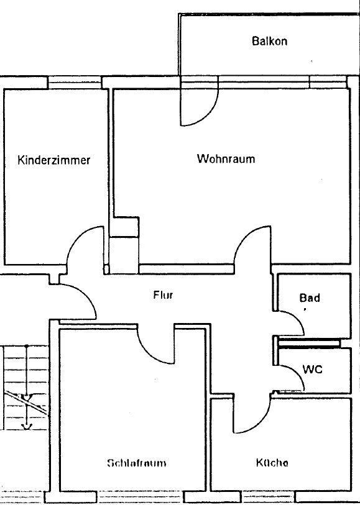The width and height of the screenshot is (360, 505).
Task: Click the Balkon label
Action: point(269,41)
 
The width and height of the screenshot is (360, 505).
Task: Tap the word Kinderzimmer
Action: point(54,160)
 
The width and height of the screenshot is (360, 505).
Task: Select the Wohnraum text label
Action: point(226,158)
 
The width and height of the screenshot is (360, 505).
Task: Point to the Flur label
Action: point(163,294)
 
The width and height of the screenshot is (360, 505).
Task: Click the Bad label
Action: point(310,298)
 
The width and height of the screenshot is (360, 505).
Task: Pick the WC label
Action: point(312,369)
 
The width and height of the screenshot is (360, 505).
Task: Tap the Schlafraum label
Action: point(137,463)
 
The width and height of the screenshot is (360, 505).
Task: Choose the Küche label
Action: point(272,463)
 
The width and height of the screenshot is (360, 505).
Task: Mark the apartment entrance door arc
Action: point(86,294)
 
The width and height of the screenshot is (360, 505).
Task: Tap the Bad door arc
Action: point(297,319)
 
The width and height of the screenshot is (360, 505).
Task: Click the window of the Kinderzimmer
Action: point(75,82)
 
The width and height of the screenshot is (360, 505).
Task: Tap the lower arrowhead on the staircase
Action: point(27,426)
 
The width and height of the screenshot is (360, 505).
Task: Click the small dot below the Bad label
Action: point(305,309)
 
